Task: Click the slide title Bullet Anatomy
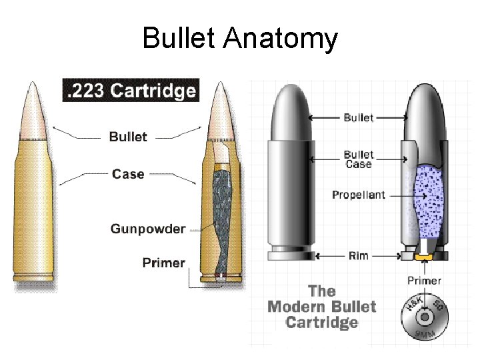240,38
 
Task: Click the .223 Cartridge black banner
131,91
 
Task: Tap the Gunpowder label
147,229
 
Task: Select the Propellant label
358,195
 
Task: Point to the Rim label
358,256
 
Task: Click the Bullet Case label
358,159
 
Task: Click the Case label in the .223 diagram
128,174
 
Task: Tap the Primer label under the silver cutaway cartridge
424,281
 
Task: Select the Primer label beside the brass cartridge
163,263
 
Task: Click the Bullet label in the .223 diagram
127,137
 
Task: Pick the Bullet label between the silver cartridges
358,118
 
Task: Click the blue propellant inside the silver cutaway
427,200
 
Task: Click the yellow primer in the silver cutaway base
422,256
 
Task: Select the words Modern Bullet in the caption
321,307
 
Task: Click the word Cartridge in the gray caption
321,323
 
